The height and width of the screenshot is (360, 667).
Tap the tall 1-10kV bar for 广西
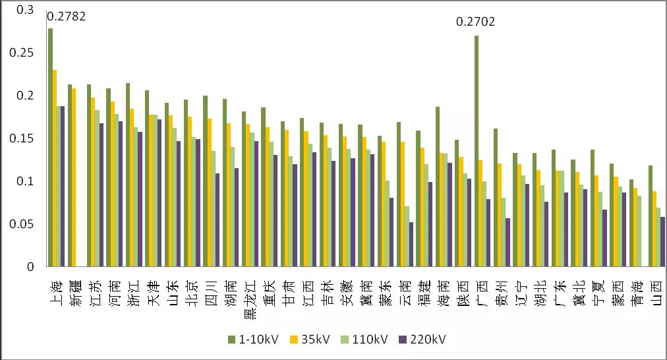tap(476, 152)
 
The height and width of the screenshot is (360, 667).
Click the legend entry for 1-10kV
tap(253, 339)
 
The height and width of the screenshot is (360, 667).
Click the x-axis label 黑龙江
tap(250, 300)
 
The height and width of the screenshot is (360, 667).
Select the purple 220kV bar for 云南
tap(411, 245)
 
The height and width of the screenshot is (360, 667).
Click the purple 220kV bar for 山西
tap(662, 242)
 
